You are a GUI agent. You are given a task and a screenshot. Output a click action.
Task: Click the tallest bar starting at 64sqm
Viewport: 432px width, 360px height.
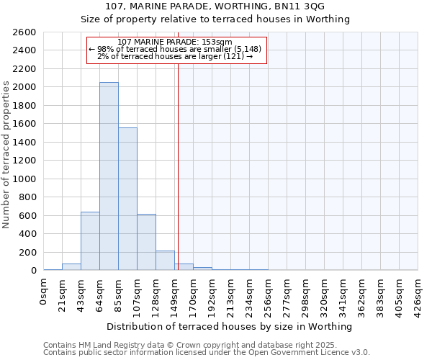point(109,176)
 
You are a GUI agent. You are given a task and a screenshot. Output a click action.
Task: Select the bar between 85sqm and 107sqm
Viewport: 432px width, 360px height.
point(127,199)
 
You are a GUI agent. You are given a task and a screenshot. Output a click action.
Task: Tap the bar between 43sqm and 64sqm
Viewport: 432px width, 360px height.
point(90,241)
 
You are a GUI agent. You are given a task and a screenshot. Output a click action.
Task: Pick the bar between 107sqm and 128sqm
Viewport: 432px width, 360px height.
point(146,242)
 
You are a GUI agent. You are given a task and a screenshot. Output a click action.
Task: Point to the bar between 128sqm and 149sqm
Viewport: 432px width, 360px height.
point(165,261)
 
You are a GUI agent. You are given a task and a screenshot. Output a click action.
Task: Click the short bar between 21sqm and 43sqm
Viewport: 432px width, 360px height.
point(71,267)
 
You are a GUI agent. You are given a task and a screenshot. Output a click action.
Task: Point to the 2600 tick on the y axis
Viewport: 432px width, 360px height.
point(24,32)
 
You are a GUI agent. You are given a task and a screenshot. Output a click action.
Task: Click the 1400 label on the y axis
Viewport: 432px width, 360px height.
point(24,143)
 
